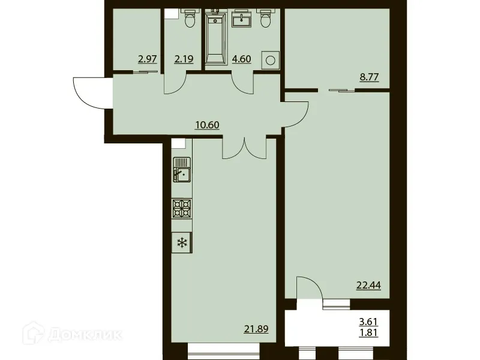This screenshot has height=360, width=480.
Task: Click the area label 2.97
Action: (148, 59)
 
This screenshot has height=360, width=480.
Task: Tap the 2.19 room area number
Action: (184, 59)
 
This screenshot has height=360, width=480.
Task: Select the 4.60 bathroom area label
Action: (242, 59)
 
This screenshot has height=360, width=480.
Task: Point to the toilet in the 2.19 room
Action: (191, 20)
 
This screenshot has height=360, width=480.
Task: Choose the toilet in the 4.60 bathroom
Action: (265, 19)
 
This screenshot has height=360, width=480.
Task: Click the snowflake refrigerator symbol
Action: (181, 243)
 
